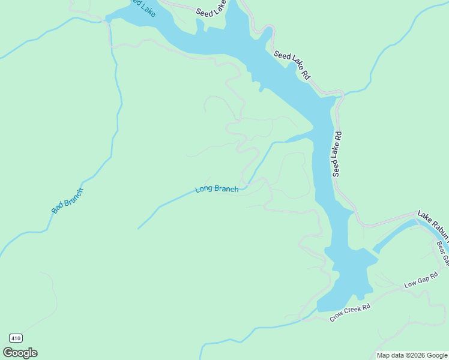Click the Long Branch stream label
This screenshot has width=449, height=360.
point(217,189)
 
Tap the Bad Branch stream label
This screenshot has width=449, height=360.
point(67,201)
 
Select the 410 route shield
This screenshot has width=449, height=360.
point(16,338)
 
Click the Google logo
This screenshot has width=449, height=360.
point(20,353)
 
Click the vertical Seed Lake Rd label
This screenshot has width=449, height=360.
point(337,154)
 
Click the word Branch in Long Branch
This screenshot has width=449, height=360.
point(226,189)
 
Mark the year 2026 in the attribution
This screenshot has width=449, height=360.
point(415,355)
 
